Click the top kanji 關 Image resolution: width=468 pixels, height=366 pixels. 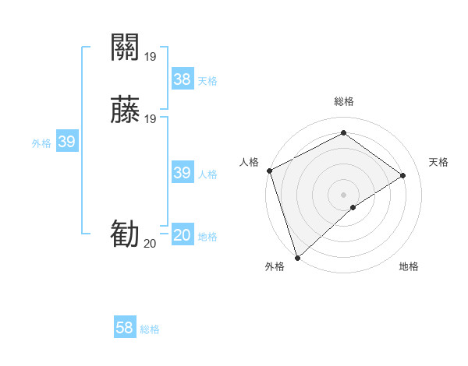point(125,48)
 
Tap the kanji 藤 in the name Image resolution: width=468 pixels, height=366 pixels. point(125,111)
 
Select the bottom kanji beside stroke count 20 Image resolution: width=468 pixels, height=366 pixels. point(125,234)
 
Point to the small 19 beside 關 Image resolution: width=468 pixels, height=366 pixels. point(151,57)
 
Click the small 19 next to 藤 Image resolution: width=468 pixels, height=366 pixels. point(151,119)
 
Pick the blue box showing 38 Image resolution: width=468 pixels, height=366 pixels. point(183,79)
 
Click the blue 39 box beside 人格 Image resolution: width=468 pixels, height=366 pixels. point(183,173)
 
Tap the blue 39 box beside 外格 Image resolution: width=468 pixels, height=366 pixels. point(67,142)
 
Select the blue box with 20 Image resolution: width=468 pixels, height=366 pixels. point(183,235)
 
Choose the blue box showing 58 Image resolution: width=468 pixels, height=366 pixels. point(125,328)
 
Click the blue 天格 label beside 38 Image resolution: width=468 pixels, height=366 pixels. point(207,81)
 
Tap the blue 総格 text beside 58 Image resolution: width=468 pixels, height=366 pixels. point(150,329)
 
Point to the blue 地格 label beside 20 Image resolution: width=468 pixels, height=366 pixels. point(207,237)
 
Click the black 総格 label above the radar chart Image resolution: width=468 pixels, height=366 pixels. point(344,102)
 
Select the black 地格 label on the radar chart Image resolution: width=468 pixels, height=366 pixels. point(409,267)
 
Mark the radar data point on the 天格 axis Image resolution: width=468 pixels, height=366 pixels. point(403,175)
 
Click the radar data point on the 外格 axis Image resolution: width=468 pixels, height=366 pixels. point(296,257)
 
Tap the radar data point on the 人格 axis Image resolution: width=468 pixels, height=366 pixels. point(269,171)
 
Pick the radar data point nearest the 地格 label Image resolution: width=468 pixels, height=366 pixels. point(353,207)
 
